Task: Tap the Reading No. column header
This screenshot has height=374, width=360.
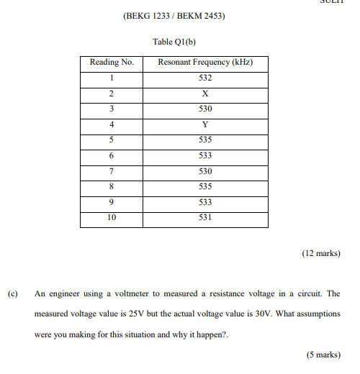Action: click(112, 63)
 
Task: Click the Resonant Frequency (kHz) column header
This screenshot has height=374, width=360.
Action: click(205, 63)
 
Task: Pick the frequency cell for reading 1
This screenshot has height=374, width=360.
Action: click(205, 78)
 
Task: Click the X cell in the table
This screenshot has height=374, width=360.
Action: click(205, 93)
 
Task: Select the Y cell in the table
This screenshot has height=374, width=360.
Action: click(205, 124)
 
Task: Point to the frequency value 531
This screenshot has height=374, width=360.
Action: click(205, 218)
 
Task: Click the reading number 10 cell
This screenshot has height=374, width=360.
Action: click(112, 218)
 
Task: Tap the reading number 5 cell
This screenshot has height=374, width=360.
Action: click(112, 140)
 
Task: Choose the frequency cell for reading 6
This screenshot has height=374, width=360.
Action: click(205, 155)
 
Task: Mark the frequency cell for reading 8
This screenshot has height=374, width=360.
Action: click(205, 187)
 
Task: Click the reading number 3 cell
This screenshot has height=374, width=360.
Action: click(112, 109)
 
